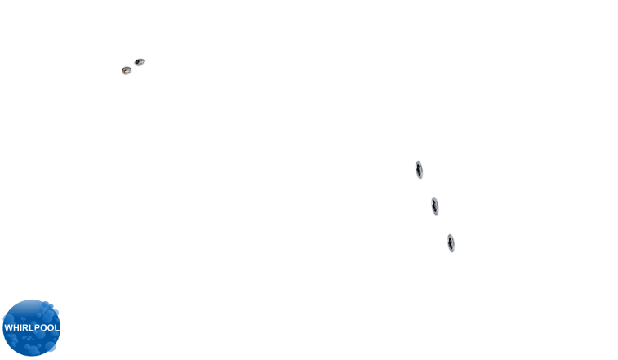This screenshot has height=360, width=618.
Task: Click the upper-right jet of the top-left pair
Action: coord(140,62)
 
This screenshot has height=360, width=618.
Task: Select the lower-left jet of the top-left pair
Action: coord(127,70)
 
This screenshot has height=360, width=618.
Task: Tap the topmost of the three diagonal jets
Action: coord(420,170)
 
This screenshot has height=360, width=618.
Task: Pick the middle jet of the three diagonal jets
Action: coord(435,206)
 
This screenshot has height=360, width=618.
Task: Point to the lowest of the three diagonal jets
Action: coord(451,243)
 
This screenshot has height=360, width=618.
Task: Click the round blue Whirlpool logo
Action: coord(32,328)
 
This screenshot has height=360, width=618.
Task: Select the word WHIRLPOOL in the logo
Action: coord(32,327)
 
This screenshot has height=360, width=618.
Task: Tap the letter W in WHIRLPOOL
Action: coord(8,327)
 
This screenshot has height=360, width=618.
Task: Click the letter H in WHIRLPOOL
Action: coord(16,327)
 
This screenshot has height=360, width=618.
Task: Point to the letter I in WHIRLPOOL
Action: coord(21,327)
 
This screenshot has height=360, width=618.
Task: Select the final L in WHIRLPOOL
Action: coord(57,327)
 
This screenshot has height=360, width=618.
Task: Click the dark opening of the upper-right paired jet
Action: coord(139,61)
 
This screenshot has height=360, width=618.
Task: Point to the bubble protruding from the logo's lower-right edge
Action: coord(51,347)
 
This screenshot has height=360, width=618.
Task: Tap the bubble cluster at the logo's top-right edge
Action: coord(49,307)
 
